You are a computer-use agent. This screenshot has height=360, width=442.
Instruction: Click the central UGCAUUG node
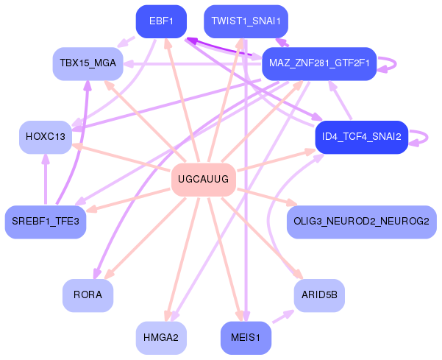pyautogui.click(x=204, y=180)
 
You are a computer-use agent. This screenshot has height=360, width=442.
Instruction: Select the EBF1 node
pyautogui.click(x=161, y=21)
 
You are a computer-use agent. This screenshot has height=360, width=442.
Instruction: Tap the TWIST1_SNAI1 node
pyautogui.click(x=246, y=21)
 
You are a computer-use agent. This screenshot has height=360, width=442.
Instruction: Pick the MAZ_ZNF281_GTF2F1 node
pyautogui.click(x=319, y=64)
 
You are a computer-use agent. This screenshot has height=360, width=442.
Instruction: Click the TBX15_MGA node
pyautogui.click(x=88, y=64)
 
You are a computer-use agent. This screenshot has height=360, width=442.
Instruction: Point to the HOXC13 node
pyautogui.click(x=46, y=138)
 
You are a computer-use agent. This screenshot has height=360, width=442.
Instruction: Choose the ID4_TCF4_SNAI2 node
pyautogui.click(x=361, y=138)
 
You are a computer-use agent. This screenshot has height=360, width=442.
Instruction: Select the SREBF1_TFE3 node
pyautogui.click(x=46, y=222)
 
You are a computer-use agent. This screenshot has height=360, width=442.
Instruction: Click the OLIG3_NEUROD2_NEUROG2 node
pyautogui.click(x=361, y=222)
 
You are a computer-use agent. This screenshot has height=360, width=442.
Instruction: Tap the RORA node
pyautogui.click(x=88, y=295)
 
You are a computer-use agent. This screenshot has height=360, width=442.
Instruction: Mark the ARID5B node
pyautogui.click(x=319, y=295)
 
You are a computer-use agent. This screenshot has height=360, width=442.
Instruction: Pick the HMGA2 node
pyautogui.click(x=161, y=338)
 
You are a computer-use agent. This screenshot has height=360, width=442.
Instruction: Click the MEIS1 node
pyautogui.click(x=246, y=338)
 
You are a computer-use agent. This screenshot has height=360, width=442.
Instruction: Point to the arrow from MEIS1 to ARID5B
pyautogui.click(x=283, y=317)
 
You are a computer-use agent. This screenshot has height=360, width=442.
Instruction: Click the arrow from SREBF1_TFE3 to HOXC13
pyautogui.click(x=46, y=180)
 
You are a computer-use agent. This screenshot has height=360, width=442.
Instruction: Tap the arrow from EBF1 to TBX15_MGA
pyautogui.click(x=126, y=41)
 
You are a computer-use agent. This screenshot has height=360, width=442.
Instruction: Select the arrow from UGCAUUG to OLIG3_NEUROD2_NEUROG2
pyautogui.click(x=267, y=197)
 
